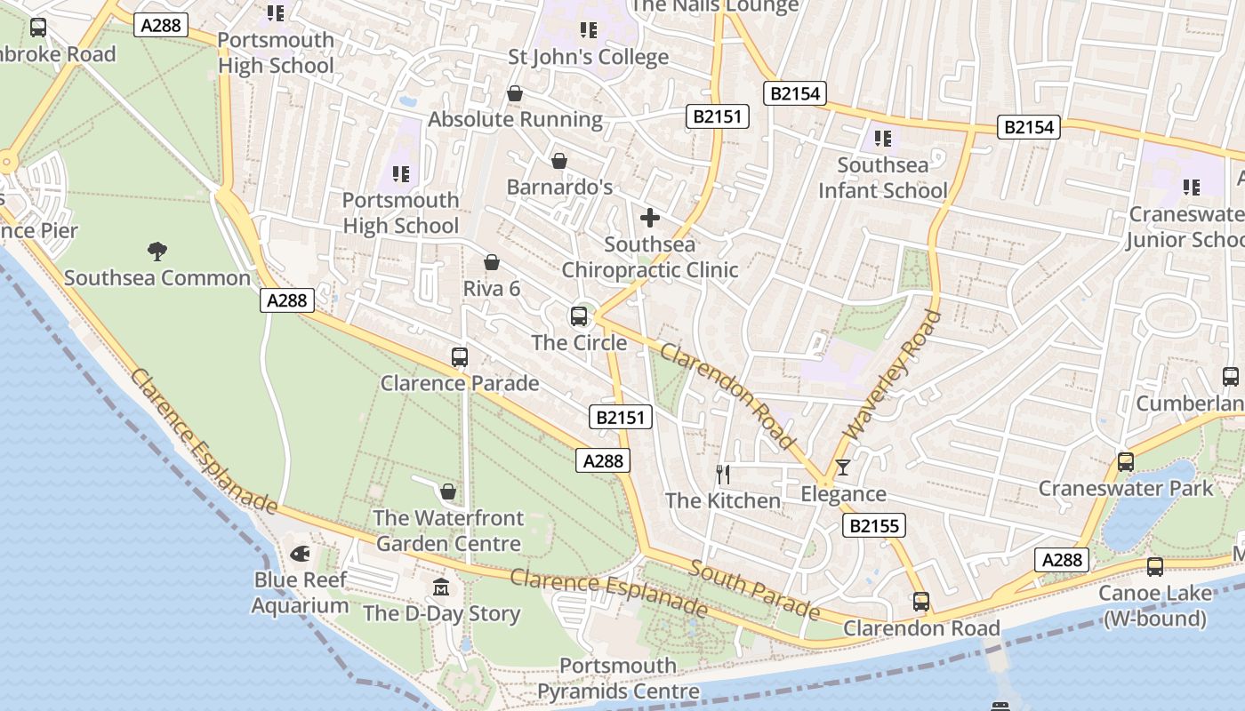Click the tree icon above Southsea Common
click(x=157, y=252)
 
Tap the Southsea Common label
click(x=157, y=278)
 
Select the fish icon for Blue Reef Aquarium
click(x=301, y=554)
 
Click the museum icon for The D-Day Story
click(x=441, y=587)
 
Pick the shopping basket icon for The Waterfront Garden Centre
click(x=448, y=491)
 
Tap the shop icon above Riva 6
click(x=491, y=262)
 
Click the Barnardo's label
click(x=559, y=188)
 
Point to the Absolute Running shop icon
click(x=515, y=93)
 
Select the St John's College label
click(x=588, y=57)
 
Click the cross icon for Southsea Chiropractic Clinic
click(x=650, y=218)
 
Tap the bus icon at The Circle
click(x=579, y=316)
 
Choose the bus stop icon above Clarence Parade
click(x=460, y=357)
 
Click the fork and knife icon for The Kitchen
click(x=723, y=475)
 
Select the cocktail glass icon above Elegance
click(x=843, y=467)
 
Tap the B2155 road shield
click(x=873, y=526)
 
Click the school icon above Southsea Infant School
click(x=882, y=139)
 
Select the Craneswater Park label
click(x=1125, y=488)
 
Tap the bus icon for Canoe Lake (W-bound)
click(x=1154, y=567)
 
